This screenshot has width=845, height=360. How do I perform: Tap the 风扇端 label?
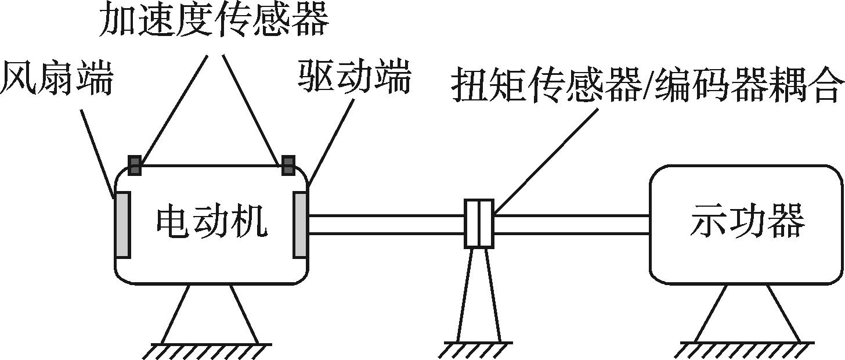[57, 78]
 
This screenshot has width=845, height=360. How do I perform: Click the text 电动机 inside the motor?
[212, 222]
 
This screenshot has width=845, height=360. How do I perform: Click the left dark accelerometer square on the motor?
[135, 165]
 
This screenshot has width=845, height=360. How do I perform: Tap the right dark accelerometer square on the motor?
[288, 165]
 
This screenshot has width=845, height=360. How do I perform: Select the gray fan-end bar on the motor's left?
[122, 225]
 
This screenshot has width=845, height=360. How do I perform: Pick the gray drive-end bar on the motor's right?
[301, 225]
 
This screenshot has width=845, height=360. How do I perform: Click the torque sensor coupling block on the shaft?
[479, 224]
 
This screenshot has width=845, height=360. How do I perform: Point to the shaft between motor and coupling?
[387, 225]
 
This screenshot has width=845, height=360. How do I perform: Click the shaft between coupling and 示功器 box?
[572, 225]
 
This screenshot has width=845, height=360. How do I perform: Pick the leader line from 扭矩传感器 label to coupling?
[547, 161]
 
